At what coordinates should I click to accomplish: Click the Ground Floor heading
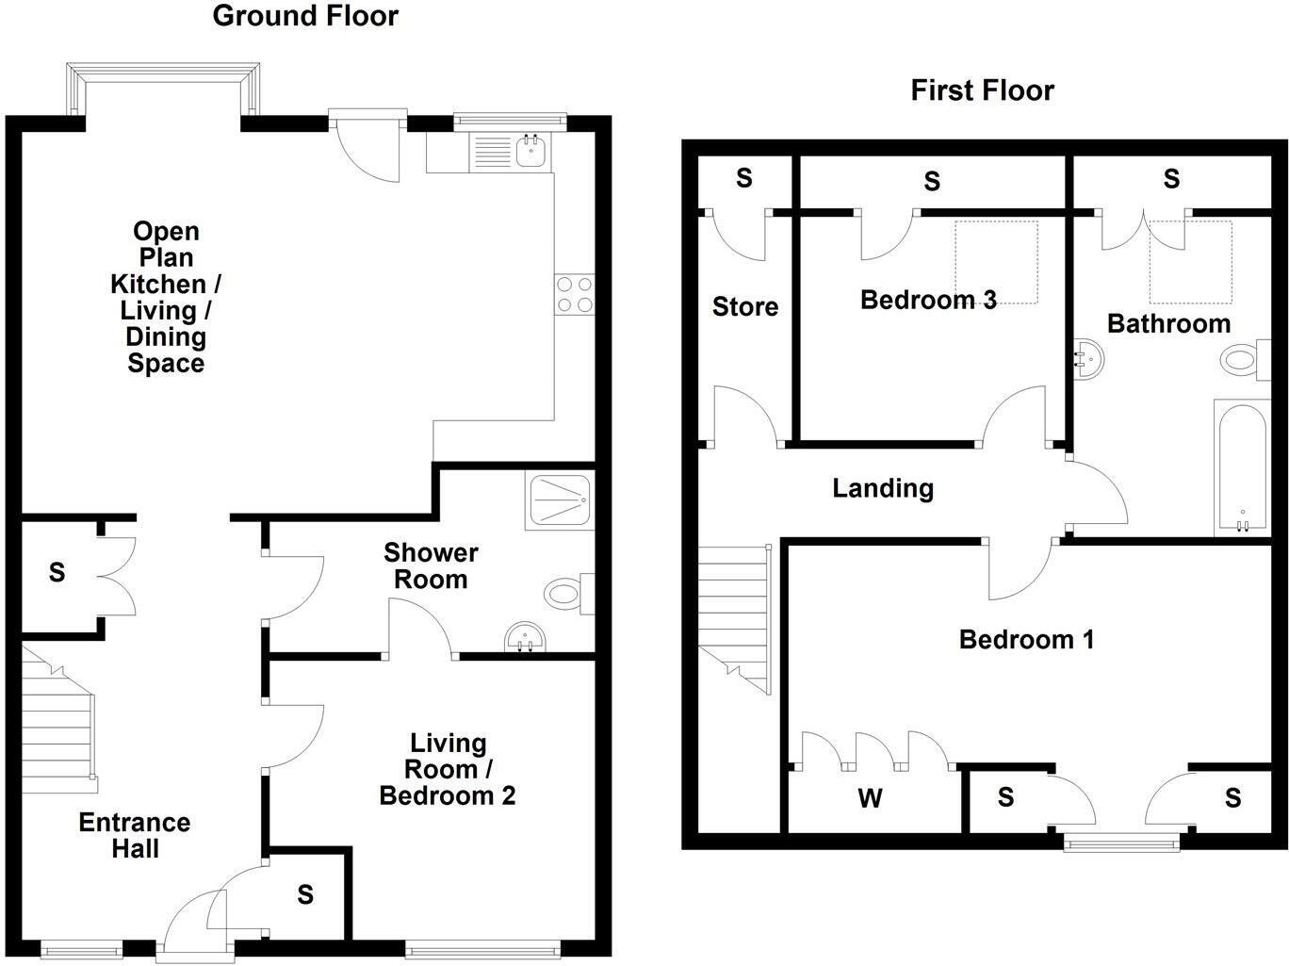pos(305,16)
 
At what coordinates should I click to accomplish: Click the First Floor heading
pos(983,90)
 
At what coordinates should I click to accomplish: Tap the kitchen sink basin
pos(531,150)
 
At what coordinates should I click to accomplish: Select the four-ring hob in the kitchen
pos(575,295)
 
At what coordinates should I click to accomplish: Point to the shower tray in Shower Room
pos(560,499)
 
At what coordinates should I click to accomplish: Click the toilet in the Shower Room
pos(569,594)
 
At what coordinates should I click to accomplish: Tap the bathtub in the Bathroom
pos(1243,467)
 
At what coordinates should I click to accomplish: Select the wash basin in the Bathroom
pos(1088,359)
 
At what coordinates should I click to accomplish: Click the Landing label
pos(883,488)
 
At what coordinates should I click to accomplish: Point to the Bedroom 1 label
pos(1026,639)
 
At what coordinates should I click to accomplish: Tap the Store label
pos(745,306)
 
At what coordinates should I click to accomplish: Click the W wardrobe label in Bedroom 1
pos(870,798)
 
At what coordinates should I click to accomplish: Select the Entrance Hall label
pos(135,835)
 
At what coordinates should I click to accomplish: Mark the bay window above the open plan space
pos(163,87)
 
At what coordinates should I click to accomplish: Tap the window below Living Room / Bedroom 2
pos(482,946)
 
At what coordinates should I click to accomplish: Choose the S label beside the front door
pos(305,894)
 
